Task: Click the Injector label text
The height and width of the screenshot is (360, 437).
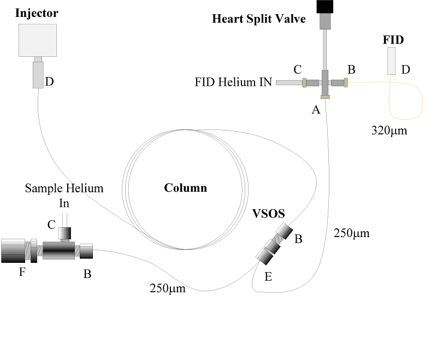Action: click(x=37, y=12)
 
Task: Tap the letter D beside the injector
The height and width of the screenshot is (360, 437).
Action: click(x=50, y=82)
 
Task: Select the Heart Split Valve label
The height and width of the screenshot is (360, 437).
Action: click(x=258, y=20)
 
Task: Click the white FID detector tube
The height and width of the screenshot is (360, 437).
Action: click(x=391, y=61)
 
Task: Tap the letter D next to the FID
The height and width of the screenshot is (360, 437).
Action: click(x=405, y=69)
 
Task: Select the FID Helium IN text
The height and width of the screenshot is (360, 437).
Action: click(x=233, y=82)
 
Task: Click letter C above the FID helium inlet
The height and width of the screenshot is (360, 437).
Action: click(x=297, y=69)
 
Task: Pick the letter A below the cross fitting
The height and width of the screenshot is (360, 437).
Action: click(x=315, y=110)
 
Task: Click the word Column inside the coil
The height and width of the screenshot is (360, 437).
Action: click(x=186, y=188)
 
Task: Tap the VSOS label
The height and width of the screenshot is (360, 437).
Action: click(x=269, y=213)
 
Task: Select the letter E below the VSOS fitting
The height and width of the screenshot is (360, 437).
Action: click(x=268, y=276)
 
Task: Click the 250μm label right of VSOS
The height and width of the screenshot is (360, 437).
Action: click(x=351, y=233)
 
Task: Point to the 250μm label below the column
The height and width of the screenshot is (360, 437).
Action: click(x=168, y=288)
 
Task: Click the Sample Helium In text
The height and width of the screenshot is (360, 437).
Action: click(x=64, y=195)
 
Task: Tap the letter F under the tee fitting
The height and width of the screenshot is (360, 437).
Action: click(x=22, y=271)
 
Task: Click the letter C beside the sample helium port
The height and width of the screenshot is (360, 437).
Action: click(x=51, y=225)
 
